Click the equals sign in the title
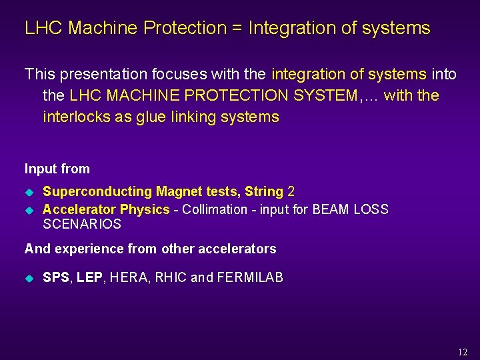237,29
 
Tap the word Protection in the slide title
185,29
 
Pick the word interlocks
75,117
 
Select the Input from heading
57,169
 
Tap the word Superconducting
97,192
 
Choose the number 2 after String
291,192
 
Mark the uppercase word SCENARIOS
82,225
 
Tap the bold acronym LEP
89,277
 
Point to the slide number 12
463,353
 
